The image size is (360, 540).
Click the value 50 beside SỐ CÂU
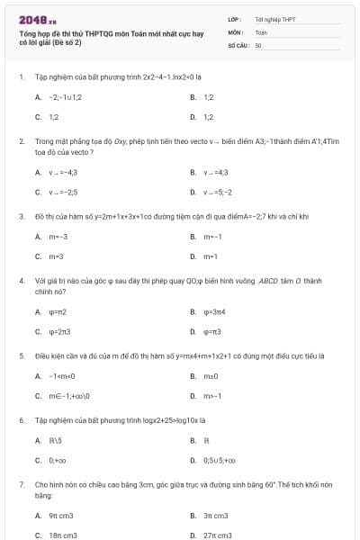(257, 43)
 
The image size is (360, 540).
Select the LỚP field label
(235, 18)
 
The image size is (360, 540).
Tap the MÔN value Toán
(261, 31)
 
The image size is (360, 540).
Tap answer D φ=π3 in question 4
(212, 331)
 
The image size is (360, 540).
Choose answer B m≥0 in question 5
(212, 375)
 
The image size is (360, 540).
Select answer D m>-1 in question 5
(212, 395)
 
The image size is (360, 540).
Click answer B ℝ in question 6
(207, 440)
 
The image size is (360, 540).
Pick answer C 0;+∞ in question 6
(57, 460)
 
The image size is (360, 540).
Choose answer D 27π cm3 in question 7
(217, 535)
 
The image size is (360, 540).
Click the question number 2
(21, 141)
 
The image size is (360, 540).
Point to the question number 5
(21, 355)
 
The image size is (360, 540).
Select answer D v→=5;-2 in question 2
(216, 192)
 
